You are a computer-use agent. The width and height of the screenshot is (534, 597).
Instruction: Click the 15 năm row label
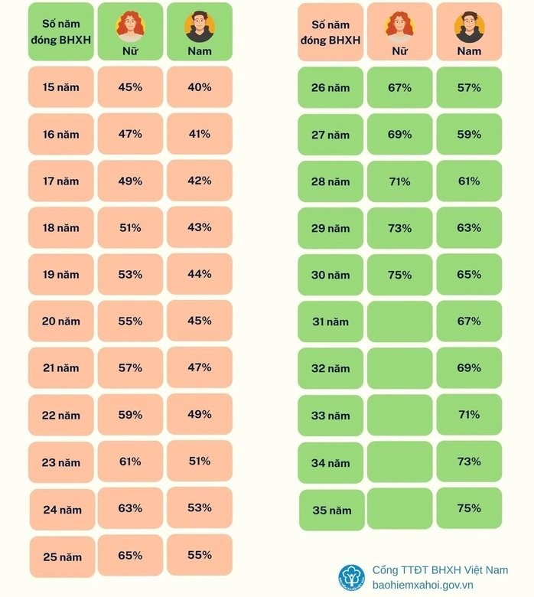[x=61, y=87]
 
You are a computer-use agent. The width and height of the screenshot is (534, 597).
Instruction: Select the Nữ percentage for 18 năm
[x=130, y=227]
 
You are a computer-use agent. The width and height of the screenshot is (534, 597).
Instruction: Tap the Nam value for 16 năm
[x=200, y=134]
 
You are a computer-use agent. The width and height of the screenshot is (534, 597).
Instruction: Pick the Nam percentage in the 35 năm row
[x=469, y=508]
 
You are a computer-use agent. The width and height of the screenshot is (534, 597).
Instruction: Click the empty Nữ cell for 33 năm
[x=399, y=415]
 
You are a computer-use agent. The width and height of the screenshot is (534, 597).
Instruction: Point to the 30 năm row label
[x=330, y=275]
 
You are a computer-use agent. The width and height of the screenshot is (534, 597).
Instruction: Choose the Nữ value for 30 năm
[x=399, y=275]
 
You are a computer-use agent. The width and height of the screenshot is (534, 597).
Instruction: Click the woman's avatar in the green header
[x=130, y=26]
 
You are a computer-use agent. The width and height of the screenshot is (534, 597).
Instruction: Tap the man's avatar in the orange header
[x=469, y=27]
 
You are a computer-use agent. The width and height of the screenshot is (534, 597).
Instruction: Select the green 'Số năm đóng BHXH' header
[x=61, y=31]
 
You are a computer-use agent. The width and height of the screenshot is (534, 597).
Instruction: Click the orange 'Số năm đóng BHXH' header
[x=330, y=32]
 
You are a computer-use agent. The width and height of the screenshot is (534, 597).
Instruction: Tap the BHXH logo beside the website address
[x=352, y=577]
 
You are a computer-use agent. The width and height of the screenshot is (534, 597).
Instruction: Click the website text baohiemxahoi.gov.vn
[x=422, y=586]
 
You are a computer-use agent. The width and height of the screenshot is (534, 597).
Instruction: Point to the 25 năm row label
[x=63, y=557]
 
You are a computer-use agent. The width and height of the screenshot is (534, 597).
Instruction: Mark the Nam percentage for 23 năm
[x=200, y=462]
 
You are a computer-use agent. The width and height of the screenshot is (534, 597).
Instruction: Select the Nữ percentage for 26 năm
[x=399, y=87]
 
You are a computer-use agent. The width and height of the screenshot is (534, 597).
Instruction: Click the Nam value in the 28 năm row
[x=469, y=181]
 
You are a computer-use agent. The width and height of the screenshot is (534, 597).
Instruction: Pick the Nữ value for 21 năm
[x=130, y=368]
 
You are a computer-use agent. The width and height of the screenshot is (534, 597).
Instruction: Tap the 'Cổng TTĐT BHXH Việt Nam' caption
[x=440, y=570]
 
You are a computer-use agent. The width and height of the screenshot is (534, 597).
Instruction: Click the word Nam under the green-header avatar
[x=200, y=51]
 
